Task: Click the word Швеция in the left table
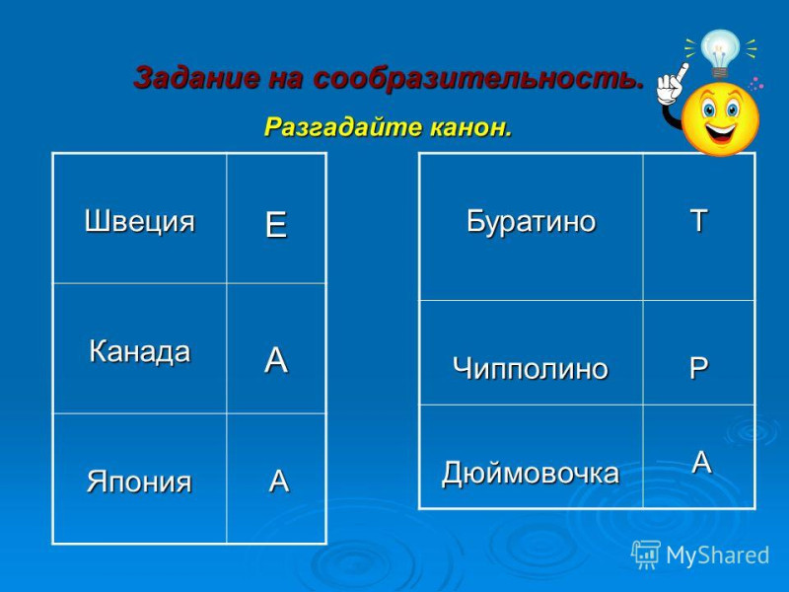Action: click(x=139, y=221)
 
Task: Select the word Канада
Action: click(x=139, y=351)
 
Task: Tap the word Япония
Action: click(x=139, y=481)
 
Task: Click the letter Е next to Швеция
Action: click(x=276, y=225)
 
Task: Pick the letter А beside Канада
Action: click(x=276, y=360)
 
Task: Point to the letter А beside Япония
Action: click(x=279, y=481)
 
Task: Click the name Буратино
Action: click(x=531, y=221)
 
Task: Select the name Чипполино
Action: click(x=531, y=368)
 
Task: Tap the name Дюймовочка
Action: click(x=531, y=474)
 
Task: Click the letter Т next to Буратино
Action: click(x=699, y=220)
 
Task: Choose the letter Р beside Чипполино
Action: click(x=699, y=368)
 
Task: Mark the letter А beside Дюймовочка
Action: click(x=701, y=462)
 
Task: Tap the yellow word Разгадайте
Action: click(x=343, y=127)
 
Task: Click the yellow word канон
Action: click(x=471, y=127)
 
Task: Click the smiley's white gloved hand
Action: click(x=672, y=85)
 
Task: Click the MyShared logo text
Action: click(x=717, y=555)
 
